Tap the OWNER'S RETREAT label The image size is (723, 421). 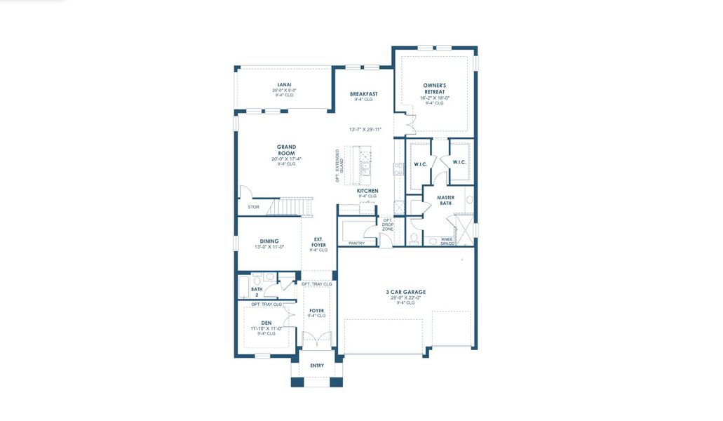434,88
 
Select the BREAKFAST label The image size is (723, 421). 363,94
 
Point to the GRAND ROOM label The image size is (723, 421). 286,150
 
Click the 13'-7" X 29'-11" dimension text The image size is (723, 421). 365,130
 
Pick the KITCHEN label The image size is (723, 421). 367,191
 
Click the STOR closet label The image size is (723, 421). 252,207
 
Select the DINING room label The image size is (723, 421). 269,241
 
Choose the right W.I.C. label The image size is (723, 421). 459,162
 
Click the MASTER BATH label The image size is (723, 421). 446,201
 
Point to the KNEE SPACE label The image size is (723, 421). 447,241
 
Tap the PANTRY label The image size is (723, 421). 357,243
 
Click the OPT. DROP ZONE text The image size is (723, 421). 388,225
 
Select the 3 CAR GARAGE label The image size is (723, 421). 405,292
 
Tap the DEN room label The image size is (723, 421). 266,323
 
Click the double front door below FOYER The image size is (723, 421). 316,341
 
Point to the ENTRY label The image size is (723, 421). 317,366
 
